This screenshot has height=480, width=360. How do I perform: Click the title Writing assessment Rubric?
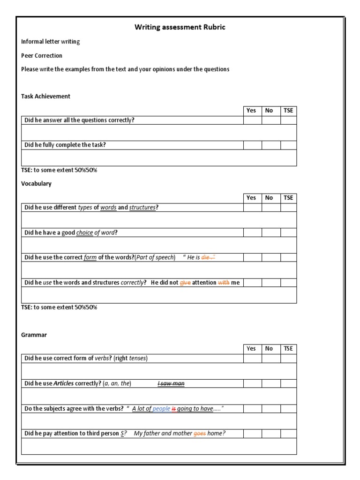click(x=180, y=27)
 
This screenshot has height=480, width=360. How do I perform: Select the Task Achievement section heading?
click(x=45, y=96)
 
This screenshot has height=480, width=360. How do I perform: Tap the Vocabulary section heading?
click(x=36, y=183)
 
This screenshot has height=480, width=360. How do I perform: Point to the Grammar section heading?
click(x=34, y=335)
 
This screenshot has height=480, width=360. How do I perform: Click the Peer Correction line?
click(x=42, y=55)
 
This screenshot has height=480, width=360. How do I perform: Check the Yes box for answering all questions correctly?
click(x=252, y=120)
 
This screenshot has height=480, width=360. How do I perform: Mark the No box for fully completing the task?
click(x=270, y=145)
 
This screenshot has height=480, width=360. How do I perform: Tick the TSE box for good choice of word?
click(x=288, y=232)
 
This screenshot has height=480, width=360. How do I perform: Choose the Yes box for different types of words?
click(x=252, y=207)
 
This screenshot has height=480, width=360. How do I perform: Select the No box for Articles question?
click(x=270, y=383)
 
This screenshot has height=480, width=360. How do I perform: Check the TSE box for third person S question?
click(x=288, y=434)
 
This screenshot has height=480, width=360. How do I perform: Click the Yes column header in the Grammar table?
click(x=252, y=348)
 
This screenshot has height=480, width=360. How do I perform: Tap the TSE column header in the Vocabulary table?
click(x=288, y=198)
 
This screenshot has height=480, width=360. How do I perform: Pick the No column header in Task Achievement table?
click(x=269, y=111)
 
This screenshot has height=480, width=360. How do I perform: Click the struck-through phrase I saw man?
click(x=171, y=383)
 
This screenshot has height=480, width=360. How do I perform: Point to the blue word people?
click(x=161, y=409)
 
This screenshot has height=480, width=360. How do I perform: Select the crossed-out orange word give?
click(x=185, y=283)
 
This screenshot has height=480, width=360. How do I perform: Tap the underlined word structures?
click(x=142, y=208)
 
